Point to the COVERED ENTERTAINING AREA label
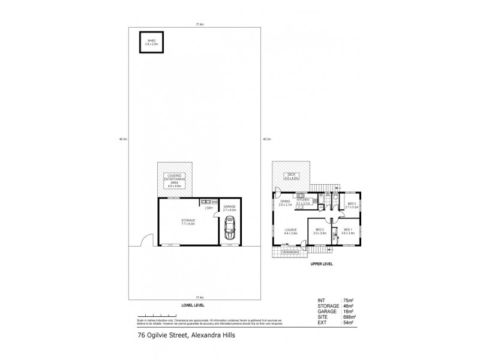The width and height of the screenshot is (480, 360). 174,181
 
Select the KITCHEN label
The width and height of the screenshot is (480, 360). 302,200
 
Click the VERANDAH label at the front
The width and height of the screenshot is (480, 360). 289,253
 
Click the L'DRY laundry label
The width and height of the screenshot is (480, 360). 209,208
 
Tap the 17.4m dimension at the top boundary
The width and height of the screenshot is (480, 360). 196,24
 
